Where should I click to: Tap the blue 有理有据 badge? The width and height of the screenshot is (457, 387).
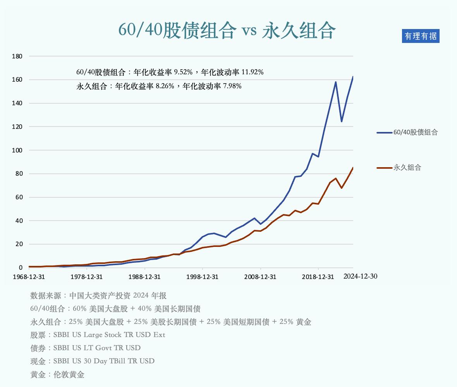point(421,36)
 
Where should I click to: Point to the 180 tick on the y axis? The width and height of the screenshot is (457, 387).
point(18,56)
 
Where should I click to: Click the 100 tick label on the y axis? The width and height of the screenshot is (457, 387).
point(18,150)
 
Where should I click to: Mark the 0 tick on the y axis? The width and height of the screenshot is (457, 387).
point(21,268)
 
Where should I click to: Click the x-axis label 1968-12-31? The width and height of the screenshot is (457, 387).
point(29,277)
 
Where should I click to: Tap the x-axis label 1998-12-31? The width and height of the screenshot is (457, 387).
point(203,277)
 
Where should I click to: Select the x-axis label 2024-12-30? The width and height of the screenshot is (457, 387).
point(361,276)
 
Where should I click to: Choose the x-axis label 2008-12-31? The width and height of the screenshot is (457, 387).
point(260,277)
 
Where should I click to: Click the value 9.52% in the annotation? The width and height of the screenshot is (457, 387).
point(183,72)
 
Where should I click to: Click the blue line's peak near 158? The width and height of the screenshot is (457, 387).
point(335,82)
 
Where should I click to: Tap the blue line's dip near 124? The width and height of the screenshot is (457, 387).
point(342,121)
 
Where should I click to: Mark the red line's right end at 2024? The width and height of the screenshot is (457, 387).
point(353,168)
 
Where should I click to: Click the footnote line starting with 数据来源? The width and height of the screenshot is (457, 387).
point(98,296)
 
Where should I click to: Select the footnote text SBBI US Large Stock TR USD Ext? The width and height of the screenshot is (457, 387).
point(109,335)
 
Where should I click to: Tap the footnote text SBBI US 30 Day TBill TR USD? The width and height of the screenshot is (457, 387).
point(104,361)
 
